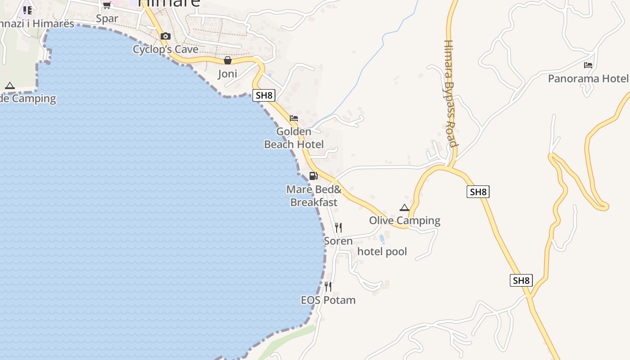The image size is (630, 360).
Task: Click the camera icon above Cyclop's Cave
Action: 166,36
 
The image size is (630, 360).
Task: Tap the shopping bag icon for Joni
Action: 228,60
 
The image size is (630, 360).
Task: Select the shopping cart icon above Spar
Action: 107,5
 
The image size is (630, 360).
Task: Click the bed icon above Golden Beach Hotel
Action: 294,118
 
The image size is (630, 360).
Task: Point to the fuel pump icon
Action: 314,176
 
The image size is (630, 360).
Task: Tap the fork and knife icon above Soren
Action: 338,228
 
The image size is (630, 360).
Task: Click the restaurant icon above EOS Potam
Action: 328,286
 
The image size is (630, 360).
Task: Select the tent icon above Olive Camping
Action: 405,207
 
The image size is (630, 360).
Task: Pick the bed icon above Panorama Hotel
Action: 588,65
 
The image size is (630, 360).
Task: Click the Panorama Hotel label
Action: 588,79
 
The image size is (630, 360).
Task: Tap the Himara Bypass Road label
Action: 450,94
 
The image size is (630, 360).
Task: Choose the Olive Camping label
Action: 405,220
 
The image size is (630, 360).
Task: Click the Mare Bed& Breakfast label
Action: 314,196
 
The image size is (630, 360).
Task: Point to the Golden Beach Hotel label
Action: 294,138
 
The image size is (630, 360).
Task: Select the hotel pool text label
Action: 382,252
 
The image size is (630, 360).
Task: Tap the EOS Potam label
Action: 328,300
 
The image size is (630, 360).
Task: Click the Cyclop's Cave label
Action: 166,49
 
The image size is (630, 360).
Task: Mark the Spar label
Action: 107,18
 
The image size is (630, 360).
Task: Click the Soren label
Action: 338,241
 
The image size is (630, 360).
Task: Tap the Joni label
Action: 228,74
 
